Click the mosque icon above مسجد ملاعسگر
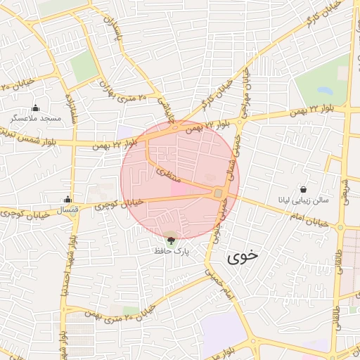tap(36, 108)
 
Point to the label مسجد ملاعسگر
tap(41, 119)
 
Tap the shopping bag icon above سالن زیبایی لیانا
tap(303, 189)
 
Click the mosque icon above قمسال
tap(67, 199)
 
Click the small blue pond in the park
tap(325, 91)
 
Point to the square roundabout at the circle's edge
tap(219, 193)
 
